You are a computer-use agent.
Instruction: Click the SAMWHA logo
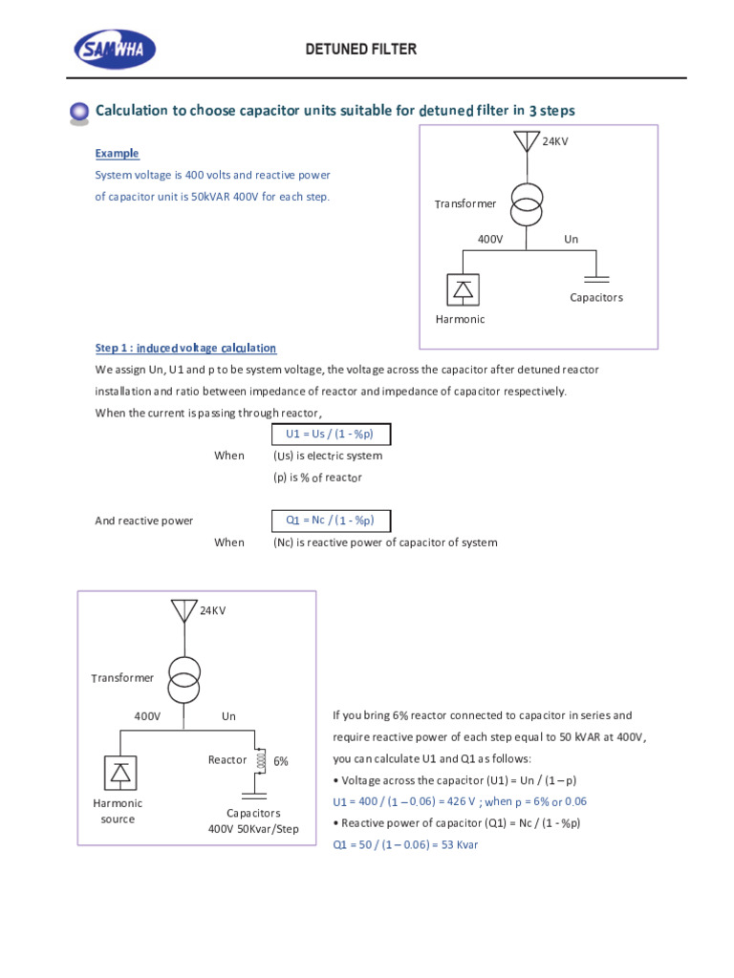click(x=115, y=49)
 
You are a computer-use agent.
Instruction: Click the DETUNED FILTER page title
click(x=360, y=49)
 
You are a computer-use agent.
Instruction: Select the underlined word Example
click(x=117, y=154)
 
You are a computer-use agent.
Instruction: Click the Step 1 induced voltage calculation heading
click(x=185, y=349)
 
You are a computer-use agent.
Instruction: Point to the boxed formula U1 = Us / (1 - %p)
click(x=331, y=435)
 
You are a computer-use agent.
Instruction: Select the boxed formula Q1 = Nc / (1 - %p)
click(x=331, y=521)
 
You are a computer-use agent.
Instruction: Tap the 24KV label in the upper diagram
click(x=556, y=141)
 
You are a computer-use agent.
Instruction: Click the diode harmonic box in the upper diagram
click(x=463, y=289)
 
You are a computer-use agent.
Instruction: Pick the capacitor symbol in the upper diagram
click(x=596, y=279)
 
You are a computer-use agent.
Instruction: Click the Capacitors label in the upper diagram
click(x=596, y=298)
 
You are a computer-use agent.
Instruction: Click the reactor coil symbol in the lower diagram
click(x=256, y=761)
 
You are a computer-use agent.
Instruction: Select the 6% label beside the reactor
click(x=281, y=762)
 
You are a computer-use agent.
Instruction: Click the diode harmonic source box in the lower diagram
click(x=119, y=771)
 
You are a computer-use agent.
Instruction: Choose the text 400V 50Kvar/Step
click(x=253, y=829)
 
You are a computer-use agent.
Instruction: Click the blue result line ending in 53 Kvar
click(x=404, y=845)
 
